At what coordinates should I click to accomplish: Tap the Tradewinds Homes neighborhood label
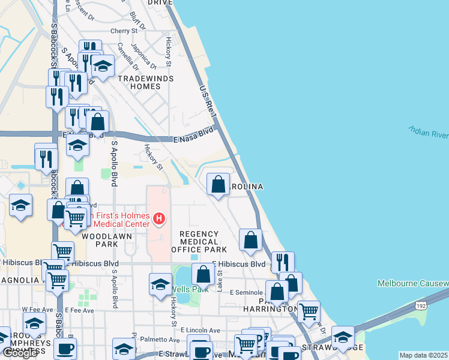point(146,82)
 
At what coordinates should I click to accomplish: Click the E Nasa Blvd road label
point(193,134)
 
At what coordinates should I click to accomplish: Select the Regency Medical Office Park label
point(199,241)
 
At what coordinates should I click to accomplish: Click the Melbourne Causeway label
point(413,283)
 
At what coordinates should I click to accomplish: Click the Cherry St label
point(124,31)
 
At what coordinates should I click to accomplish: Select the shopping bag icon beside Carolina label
point(218,184)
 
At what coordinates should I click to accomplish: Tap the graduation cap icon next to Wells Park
point(160,284)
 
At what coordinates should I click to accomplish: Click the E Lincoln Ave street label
point(199,331)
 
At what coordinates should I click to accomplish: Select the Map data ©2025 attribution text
point(424,355)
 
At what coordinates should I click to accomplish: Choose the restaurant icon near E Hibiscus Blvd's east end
point(282,262)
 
